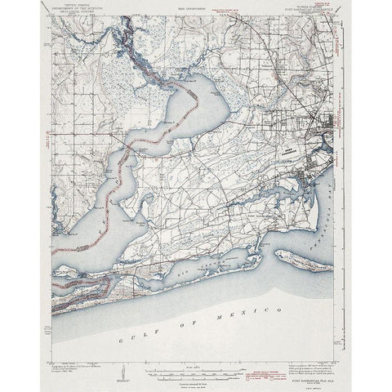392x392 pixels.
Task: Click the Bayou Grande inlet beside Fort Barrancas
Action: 269,196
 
